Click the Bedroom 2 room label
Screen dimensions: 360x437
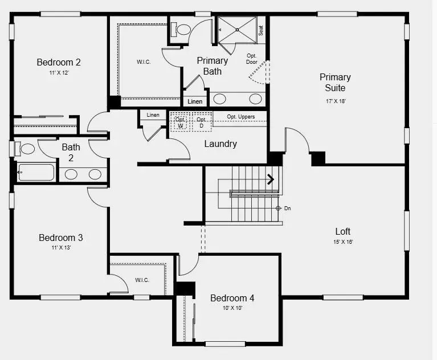click(x=58, y=63)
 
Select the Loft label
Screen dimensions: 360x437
click(x=342, y=231)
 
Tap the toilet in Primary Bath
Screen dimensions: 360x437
click(x=183, y=29)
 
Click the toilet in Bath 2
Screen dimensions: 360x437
click(x=27, y=149)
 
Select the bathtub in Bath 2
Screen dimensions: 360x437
click(x=36, y=171)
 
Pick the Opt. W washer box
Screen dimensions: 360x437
click(x=180, y=122)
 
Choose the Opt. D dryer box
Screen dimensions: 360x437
click(x=201, y=122)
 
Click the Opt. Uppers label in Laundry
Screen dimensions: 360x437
click(x=240, y=117)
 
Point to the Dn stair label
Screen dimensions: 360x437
click(x=287, y=208)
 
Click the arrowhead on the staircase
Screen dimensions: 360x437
click(x=271, y=179)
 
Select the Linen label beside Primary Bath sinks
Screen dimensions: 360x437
click(x=195, y=101)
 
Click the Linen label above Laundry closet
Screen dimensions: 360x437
click(x=153, y=115)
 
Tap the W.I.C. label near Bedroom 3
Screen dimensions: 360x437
click(x=142, y=280)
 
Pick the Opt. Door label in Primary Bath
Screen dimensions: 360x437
click(x=252, y=59)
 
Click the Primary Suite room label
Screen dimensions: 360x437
click(x=334, y=83)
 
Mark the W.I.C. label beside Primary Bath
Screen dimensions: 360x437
click(x=144, y=62)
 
